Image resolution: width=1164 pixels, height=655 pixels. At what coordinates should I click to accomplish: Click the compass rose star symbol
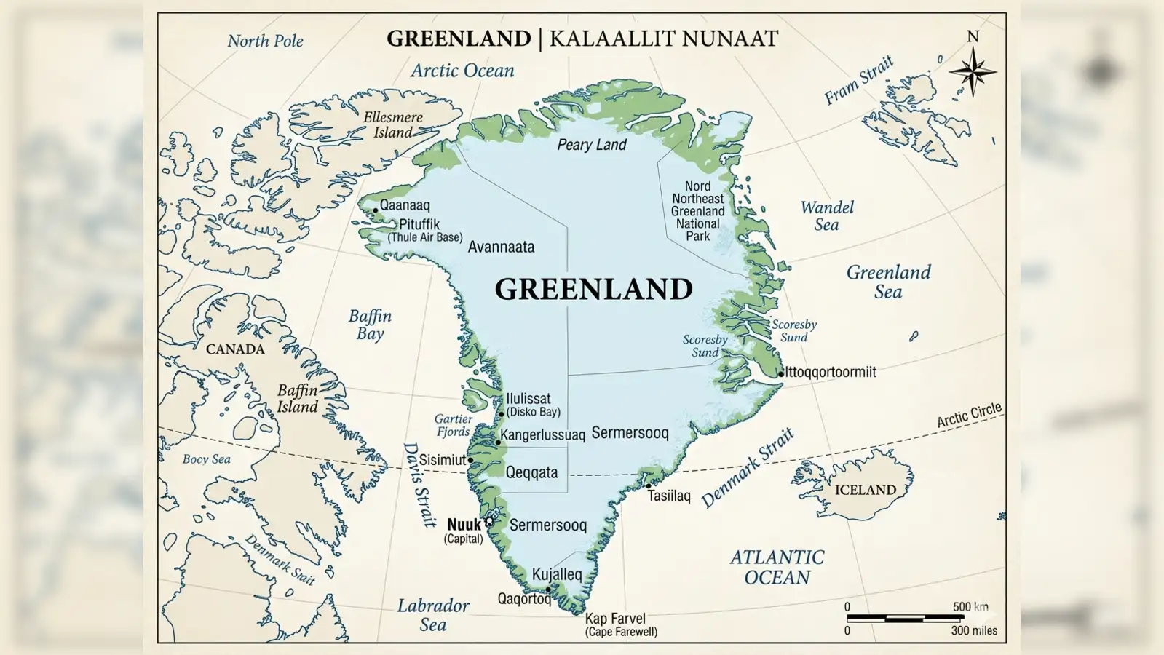pos(973,71)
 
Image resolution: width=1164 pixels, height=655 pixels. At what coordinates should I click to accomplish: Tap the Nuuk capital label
pos(464,525)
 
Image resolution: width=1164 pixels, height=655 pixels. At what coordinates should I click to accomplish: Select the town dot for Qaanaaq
pos(376,210)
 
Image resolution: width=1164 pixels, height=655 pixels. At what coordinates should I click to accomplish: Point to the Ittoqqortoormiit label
pos(831,372)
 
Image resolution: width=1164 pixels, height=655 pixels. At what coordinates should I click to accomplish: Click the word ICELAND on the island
pos(865,490)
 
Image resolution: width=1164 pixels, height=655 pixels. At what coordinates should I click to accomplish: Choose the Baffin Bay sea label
pos(370,325)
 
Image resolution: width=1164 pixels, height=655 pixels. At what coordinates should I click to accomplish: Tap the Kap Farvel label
pos(615,619)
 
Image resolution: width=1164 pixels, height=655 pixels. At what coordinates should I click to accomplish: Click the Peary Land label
pos(591,145)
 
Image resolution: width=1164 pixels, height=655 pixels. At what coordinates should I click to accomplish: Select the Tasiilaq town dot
pos(649,485)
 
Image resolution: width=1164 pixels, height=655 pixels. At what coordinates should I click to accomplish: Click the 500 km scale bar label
pos(970,606)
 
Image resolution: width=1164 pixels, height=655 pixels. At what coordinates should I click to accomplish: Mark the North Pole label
pos(265,41)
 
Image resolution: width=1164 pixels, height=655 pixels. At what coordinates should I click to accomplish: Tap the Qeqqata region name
pos(531,472)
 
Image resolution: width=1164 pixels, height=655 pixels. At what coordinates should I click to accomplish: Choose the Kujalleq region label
pos(557,574)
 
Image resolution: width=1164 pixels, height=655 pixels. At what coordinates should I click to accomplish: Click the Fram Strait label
pos(858,81)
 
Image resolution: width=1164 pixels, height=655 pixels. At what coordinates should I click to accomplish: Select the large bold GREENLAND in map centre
pos(593,289)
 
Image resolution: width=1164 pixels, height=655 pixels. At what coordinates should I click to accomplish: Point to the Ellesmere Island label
pos(393,124)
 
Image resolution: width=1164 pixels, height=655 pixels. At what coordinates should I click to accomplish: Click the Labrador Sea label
pos(433,615)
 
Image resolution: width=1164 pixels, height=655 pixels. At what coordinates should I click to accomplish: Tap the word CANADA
pos(235,349)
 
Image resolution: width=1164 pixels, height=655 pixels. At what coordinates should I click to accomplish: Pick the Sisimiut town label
pos(442,460)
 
